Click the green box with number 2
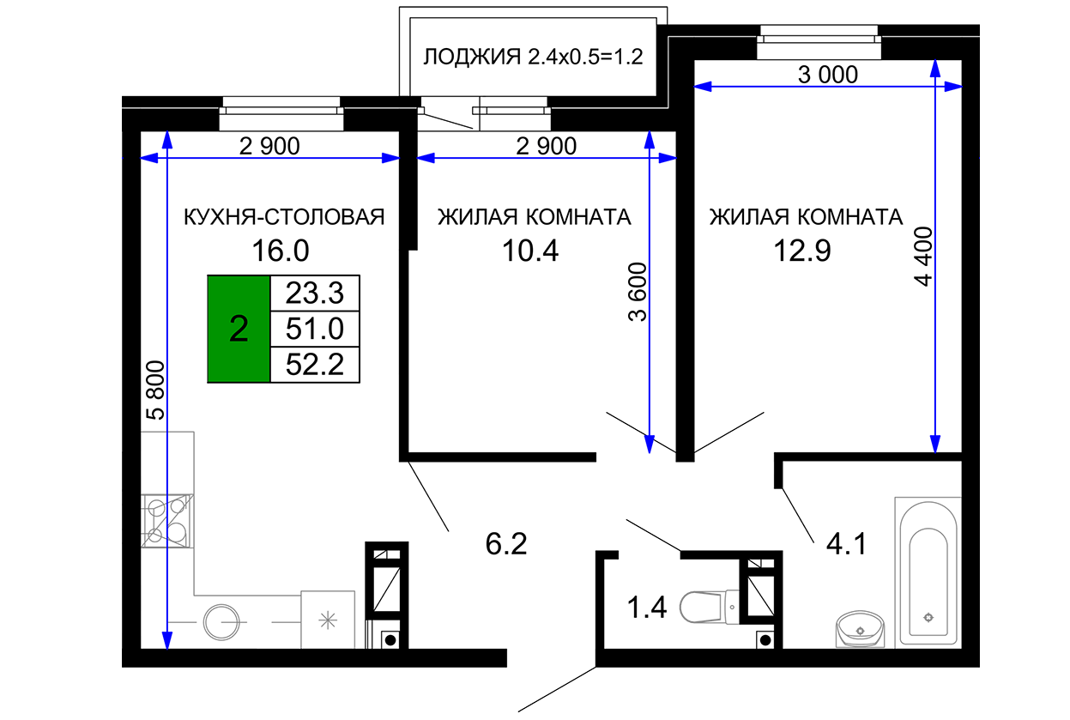239,330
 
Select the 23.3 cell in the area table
315,293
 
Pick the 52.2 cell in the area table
315,365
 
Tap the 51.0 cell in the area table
315,330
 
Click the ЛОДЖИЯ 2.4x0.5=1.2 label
533,57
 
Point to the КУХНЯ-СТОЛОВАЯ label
284,217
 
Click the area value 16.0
281,251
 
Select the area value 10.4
530,251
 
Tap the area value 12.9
802,251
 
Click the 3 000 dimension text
828,75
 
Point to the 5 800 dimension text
155,390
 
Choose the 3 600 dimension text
638,292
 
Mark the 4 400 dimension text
923,257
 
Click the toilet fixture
709,607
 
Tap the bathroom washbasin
860,629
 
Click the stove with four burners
167,521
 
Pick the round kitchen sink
221,622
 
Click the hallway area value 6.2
506,544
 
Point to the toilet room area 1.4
646,608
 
